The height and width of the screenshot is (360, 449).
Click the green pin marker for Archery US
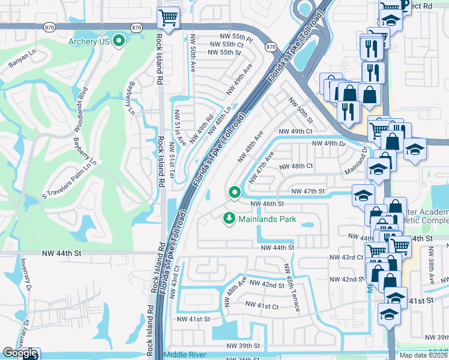point(119,41)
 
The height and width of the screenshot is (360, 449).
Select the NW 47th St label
point(307,191)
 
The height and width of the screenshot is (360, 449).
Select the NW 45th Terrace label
point(292,287)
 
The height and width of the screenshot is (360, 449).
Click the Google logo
point(20,353)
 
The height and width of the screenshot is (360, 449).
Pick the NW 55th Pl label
point(233,37)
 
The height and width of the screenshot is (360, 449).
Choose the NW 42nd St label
point(267,284)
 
